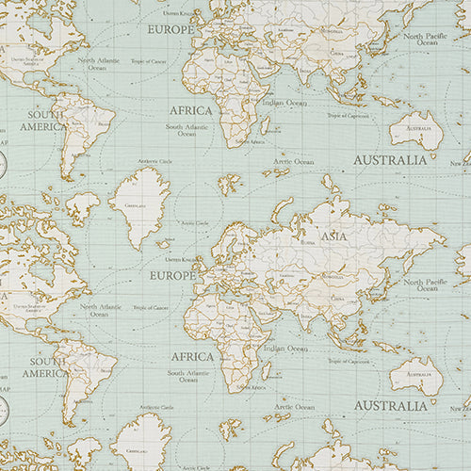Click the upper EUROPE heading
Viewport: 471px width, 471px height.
[x=171, y=29]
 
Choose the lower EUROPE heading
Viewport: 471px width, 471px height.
[x=172, y=276]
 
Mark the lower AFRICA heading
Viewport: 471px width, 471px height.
[x=191, y=357]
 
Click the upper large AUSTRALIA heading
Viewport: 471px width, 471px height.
[x=389, y=160]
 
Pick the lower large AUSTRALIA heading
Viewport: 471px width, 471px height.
[x=390, y=406]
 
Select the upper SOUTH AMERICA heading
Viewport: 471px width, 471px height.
[x=43, y=121]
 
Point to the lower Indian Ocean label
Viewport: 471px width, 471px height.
[x=284, y=349]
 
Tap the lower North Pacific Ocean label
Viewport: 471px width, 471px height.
[x=428, y=285]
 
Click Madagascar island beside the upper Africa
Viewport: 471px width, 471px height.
[x=265, y=125]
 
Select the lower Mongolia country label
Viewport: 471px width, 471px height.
[x=334, y=277]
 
